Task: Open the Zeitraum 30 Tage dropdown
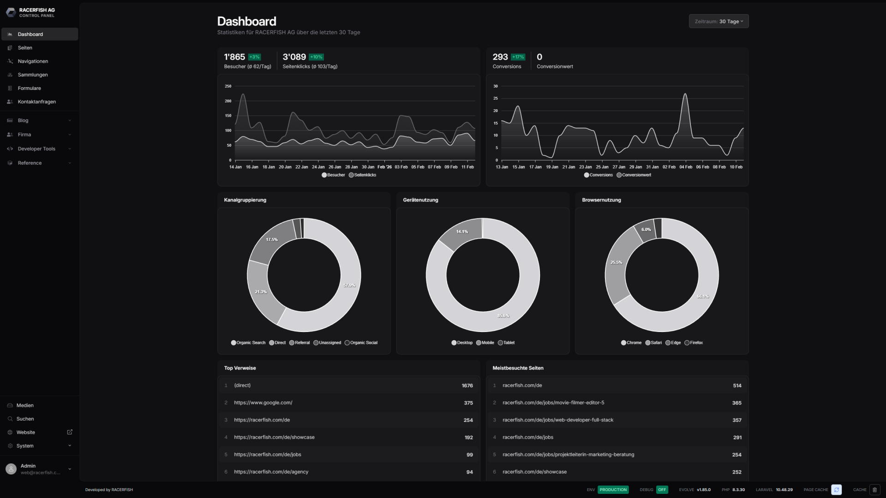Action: click(718, 21)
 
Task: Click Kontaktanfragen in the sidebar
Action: click(36, 101)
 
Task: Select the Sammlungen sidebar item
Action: click(32, 75)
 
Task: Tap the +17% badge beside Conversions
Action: click(518, 57)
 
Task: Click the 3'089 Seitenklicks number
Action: click(294, 57)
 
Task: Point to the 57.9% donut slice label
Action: click(349, 285)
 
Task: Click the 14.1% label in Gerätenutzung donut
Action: click(462, 231)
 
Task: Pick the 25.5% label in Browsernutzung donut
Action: click(616, 262)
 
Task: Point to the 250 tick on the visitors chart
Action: click(228, 86)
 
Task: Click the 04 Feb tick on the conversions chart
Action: click(686, 167)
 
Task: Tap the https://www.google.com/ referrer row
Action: click(263, 403)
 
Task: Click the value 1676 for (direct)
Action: click(467, 385)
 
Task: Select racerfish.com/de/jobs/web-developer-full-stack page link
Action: click(558, 420)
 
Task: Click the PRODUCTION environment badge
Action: click(613, 490)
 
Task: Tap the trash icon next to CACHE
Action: click(874, 490)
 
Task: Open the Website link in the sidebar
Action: click(26, 433)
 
